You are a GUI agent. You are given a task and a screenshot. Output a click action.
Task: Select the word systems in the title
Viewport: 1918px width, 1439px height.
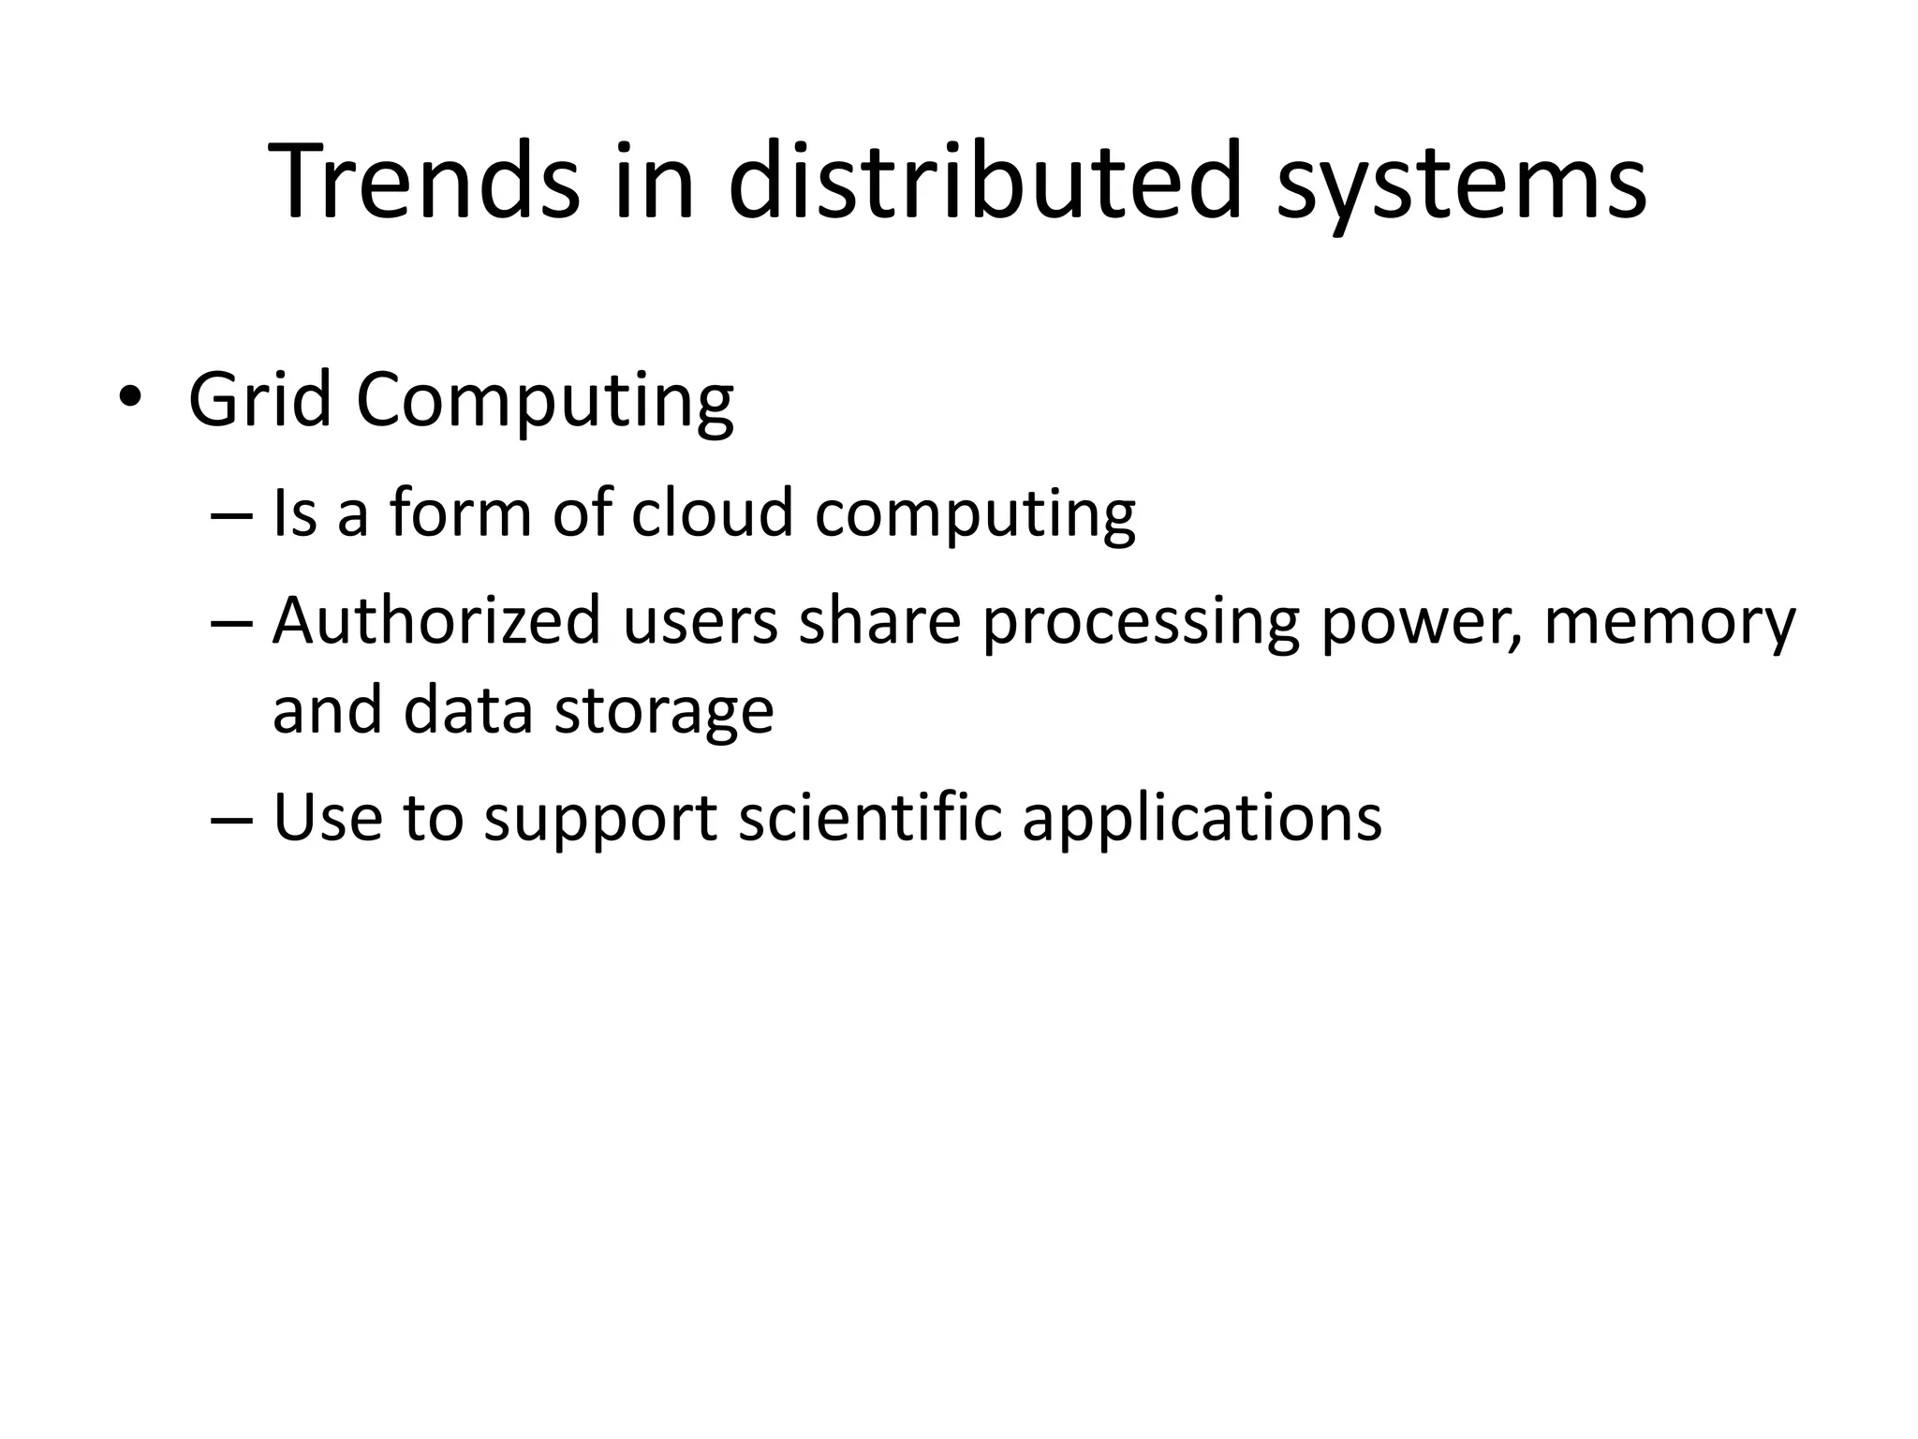coord(1460,187)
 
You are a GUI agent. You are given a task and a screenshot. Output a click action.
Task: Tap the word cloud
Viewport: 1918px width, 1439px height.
coord(711,513)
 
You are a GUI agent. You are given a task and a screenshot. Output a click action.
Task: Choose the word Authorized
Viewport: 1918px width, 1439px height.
coord(435,621)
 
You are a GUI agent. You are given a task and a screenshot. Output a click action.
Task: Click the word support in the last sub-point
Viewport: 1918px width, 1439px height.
coord(600,821)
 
